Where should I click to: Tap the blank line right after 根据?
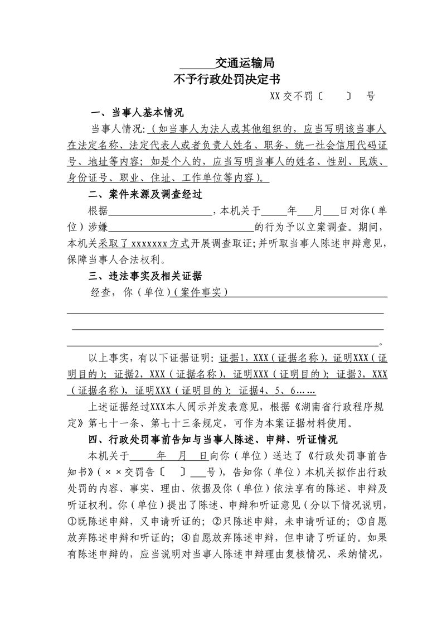tap(161, 211)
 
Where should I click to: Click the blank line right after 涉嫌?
tap(181, 228)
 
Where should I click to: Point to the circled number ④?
tap(186, 538)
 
